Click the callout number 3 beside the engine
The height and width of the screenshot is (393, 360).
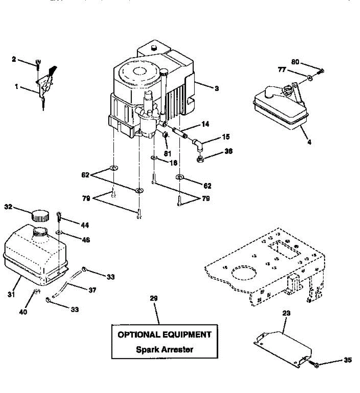217,88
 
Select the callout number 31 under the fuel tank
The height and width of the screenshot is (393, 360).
11,294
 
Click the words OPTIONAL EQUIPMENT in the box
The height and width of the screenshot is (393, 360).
165,335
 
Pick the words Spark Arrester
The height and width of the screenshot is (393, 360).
165,349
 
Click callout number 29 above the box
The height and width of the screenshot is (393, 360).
153,298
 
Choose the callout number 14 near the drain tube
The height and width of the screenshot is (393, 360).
205,124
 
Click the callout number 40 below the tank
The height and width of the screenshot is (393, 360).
23,312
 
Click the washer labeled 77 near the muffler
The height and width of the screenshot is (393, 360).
309,78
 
